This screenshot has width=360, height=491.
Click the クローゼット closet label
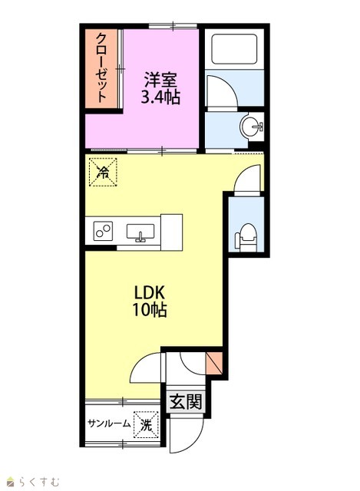click(x=101, y=68)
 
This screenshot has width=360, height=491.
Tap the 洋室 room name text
click(x=160, y=80)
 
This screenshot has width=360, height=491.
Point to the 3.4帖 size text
click(x=160, y=97)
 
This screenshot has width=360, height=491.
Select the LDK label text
click(x=149, y=293)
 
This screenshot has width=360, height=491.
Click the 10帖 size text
click(x=149, y=310)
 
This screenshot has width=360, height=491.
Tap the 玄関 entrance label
click(x=186, y=401)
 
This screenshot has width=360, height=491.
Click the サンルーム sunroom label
click(x=109, y=423)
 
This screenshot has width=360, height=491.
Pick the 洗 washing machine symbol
click(x=146, y=424)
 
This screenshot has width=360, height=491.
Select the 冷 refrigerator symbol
click(x=103, y=172)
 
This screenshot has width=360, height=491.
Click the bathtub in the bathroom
click(x=234, y=49)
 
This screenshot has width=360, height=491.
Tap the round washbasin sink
click(x=251, y=126)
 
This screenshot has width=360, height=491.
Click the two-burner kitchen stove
click(x=103, y=231)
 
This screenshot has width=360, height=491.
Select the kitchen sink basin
click(x=140, y=232)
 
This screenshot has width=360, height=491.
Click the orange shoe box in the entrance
click(x=215, y=363)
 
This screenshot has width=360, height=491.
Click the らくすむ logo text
click(x=39, y=481)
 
